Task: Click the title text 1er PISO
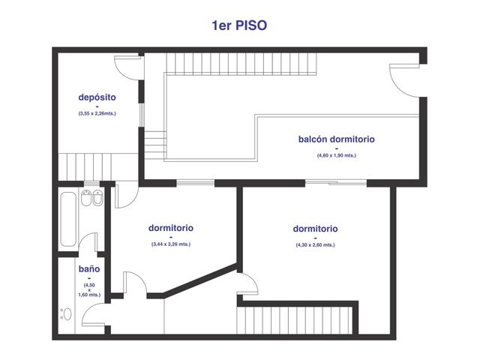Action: [x=239, y=25]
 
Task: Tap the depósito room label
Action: [x=97, y=97]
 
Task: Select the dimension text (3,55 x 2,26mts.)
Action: [x=97, y=113]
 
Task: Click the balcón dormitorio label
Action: [x=337, y=139]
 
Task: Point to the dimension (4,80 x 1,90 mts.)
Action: [x=337, y=155]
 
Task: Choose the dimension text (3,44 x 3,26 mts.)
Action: [x=171, y=244]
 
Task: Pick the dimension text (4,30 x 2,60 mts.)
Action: [x=315, y=245]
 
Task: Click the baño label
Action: [x=89, y=269]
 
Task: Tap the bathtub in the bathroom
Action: [x=68, y=219]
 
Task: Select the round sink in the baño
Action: [x=67, y=314]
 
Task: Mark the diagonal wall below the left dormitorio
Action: [x=200, y=280]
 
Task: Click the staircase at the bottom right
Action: [x=295, y=320]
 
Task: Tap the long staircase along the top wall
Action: [x=241, y=64]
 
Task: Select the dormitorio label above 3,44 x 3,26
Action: [x=171, y=228]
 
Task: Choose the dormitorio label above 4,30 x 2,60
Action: [x=315, y=229]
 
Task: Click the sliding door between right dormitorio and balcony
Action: [x=336, y=183]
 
